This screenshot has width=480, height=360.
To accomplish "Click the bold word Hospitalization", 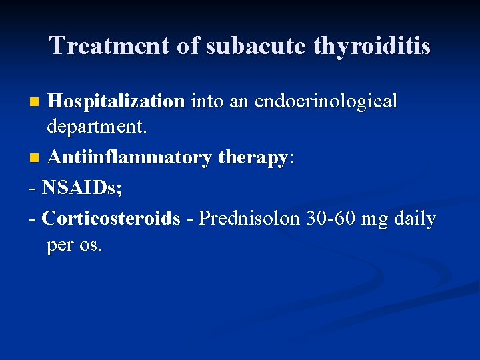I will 116,102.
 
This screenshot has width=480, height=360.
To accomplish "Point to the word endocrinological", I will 326,102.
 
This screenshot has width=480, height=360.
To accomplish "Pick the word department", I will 97,127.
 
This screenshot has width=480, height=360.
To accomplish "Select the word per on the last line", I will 61,246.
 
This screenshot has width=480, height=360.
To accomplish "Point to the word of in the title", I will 192,46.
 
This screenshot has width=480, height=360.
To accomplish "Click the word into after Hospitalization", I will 206,102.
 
